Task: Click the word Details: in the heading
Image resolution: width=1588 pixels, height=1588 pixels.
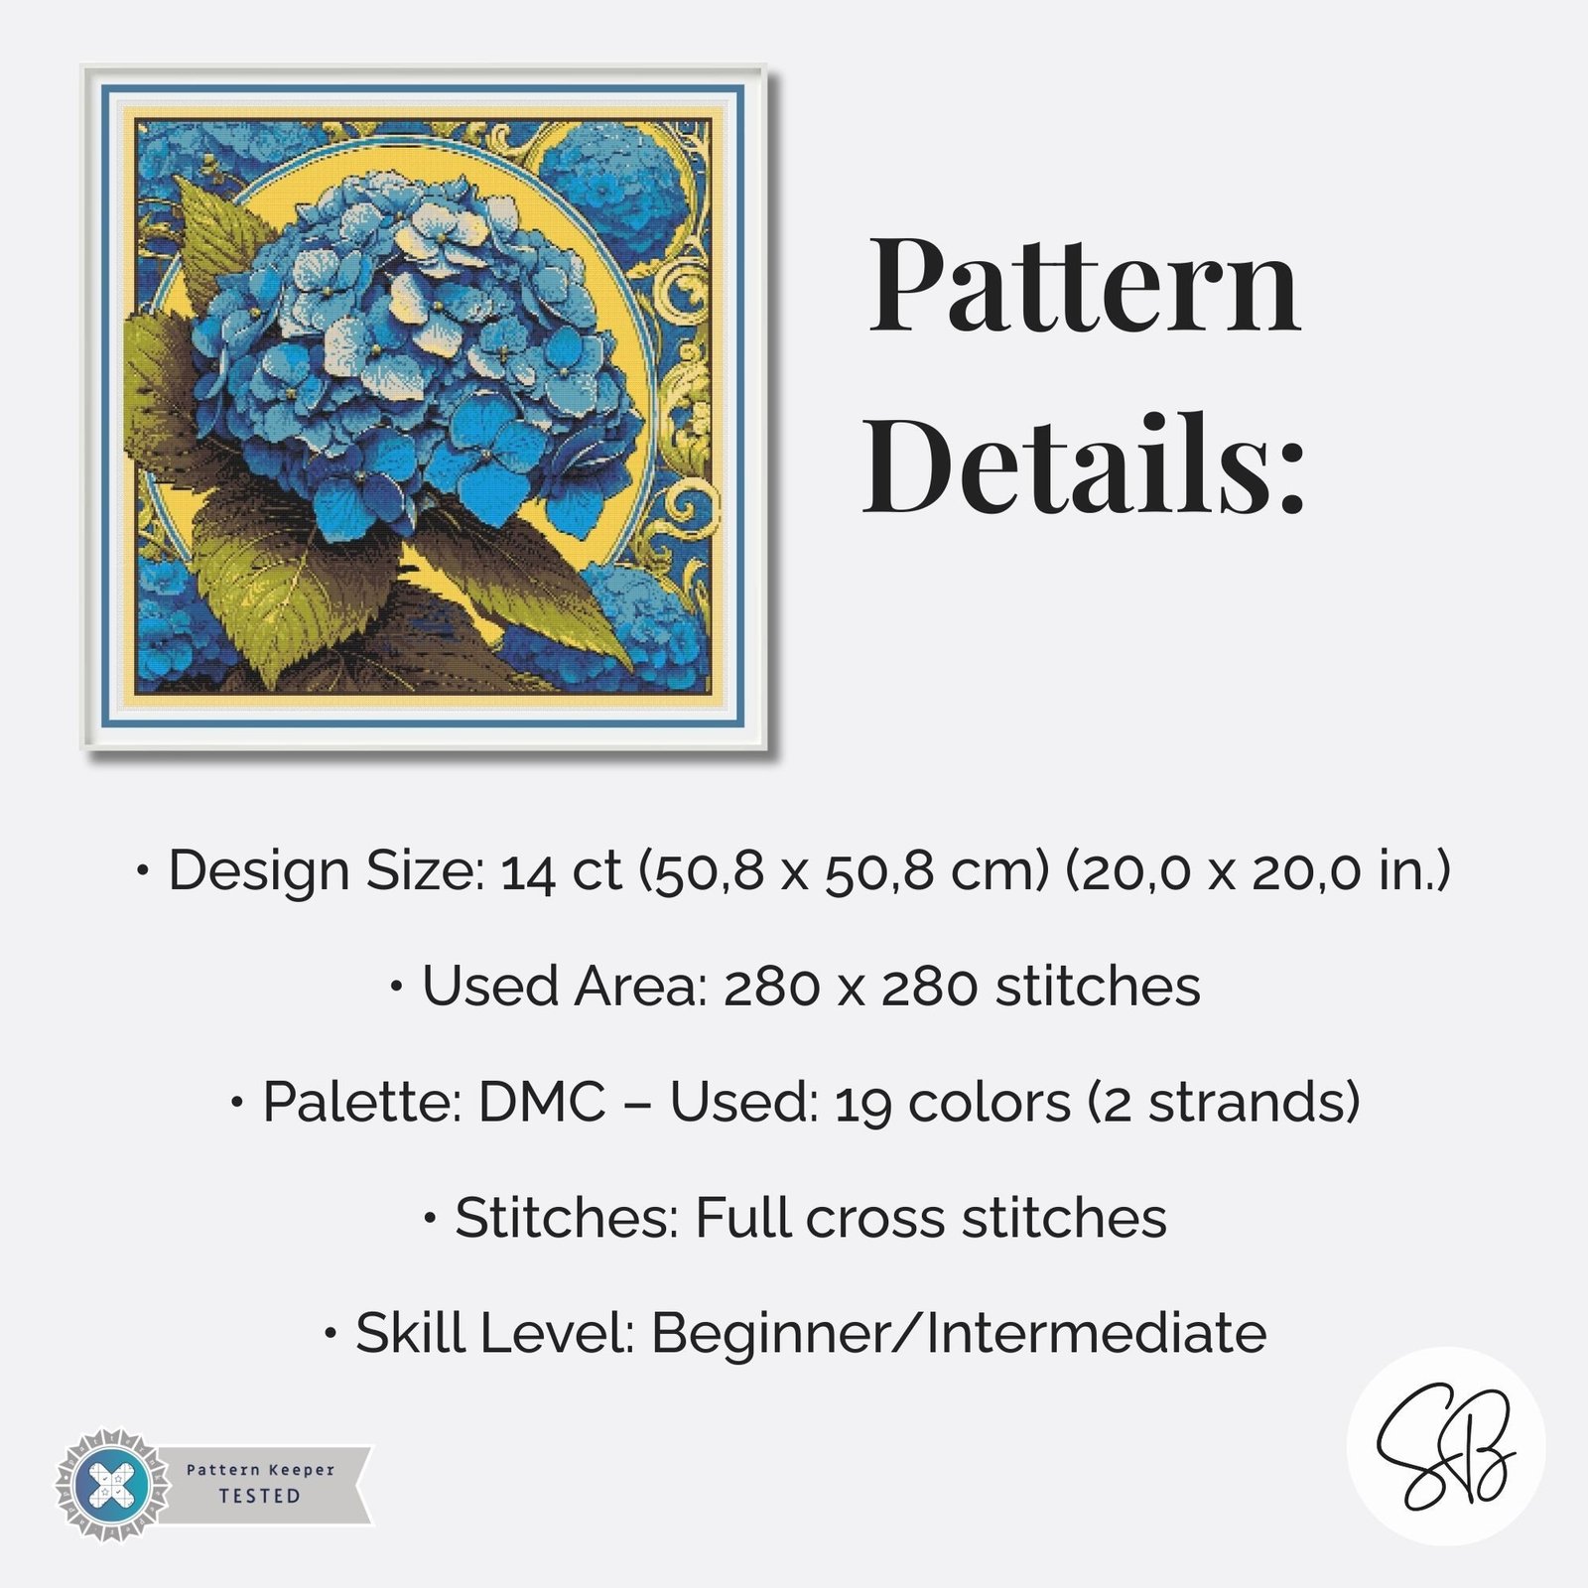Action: click(1084, 464)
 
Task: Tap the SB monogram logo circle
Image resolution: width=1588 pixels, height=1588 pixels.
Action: click(1445, 1445)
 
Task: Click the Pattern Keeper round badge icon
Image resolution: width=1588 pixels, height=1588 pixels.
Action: click(111, 1486)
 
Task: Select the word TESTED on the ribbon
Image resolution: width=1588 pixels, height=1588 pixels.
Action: click(259, 1496)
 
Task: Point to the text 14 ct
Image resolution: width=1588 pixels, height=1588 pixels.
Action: click(561, 871)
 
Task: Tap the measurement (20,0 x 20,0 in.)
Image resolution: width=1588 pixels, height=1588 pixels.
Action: click(1257, 871)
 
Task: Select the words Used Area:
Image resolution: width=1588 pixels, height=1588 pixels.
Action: click(564, 987)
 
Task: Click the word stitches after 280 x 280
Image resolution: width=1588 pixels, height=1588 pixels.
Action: click(1098, 987)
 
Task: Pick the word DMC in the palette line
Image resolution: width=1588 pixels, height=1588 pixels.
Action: click(542, 1102)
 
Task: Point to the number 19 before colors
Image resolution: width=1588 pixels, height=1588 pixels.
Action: click(862, 1104)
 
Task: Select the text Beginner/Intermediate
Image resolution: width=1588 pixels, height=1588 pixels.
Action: click(959, 1333)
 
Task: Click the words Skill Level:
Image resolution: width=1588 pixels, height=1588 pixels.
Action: click(495, 1333)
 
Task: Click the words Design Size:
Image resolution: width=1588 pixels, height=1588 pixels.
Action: click(327, 871)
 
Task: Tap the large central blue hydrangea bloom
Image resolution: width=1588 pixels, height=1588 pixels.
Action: click(417, 347)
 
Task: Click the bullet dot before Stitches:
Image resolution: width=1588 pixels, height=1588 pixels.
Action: click(430, 1218)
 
